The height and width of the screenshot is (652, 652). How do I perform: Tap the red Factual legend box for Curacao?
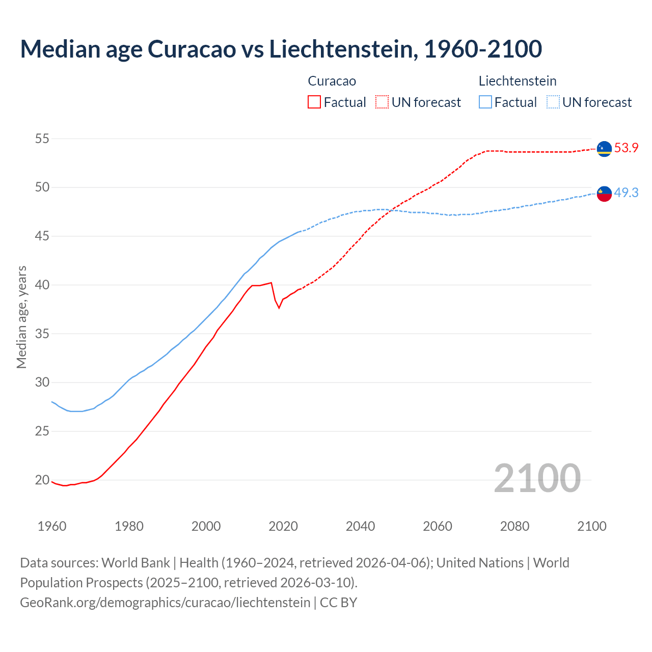tap(314, 102)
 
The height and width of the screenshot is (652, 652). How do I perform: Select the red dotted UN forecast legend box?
tap(382, 102)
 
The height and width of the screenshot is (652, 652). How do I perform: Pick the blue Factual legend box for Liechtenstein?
tap(485, 102)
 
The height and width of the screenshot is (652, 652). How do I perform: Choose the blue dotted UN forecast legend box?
tap(553, 102)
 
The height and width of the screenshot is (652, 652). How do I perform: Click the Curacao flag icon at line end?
tap(604, 149)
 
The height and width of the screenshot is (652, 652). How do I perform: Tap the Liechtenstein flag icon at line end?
tap(604, 194)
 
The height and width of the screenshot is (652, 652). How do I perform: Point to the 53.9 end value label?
tap(626, 148)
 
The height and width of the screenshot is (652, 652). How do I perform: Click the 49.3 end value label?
tap(626, 193)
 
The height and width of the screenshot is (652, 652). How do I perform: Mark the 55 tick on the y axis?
tap(42, 139)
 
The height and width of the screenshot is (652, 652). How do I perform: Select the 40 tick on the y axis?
tap(42, 285)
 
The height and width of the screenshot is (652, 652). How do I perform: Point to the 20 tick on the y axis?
tap(42, 480)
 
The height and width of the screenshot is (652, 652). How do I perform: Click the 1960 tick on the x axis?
tap(52, 526)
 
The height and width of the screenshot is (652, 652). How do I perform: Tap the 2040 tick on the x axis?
tap(360, 526)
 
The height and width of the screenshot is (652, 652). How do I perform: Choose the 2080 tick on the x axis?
tap(514, 526)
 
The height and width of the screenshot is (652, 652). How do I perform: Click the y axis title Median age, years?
tap(21, 317)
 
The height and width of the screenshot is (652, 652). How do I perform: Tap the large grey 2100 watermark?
tap(537, 478)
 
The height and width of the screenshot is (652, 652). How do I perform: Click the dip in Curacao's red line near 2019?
tap(279, 307)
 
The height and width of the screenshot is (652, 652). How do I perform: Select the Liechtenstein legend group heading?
tap(518, 81)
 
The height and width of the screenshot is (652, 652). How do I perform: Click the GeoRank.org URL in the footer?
tap(165, 603)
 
